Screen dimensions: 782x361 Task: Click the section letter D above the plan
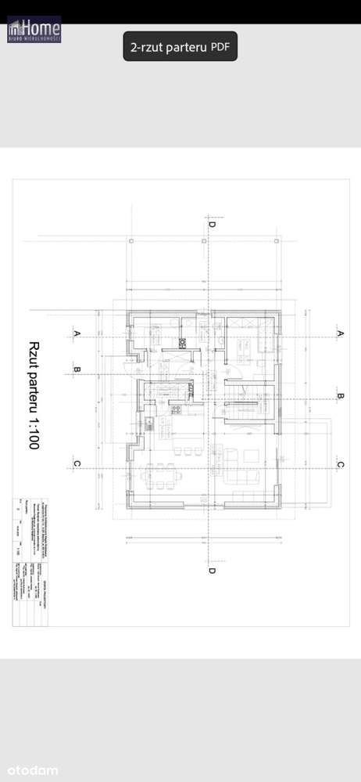[x=211, y=224]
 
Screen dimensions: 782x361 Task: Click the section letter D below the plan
[x=211, y=571]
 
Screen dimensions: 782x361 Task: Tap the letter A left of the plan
[x=77, y=333]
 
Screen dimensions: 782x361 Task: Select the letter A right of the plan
[x=340, y=334]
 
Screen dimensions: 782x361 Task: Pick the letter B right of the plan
[x=340, y=397]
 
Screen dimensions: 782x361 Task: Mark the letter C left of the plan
[x=77, y=464]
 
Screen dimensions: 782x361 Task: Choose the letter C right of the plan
[x=340, y=464]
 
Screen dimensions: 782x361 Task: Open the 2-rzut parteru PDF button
[x=180, y=47]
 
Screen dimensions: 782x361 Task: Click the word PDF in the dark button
[x=220, y=47]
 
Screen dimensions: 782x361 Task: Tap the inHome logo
[x=34, y=30]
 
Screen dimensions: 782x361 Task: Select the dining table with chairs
[x=163, y=474]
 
